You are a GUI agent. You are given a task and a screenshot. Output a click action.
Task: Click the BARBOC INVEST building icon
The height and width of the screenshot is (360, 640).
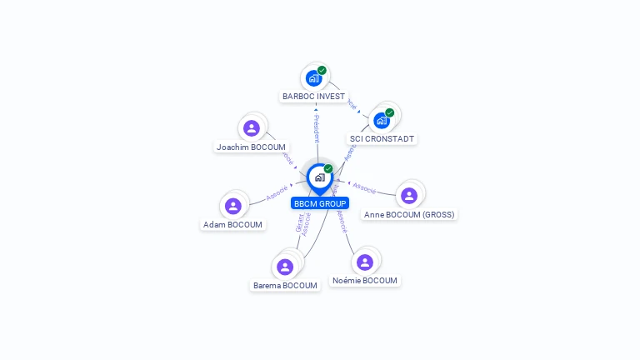click(x=313, y=78)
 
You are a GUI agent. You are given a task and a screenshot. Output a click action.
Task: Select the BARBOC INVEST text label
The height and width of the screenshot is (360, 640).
click(x=313, y=97)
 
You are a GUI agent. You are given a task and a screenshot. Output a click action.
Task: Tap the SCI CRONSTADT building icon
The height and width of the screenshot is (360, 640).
click(x=382, y=120)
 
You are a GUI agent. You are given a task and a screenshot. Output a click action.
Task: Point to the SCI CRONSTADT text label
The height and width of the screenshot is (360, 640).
click(x=382, y=139)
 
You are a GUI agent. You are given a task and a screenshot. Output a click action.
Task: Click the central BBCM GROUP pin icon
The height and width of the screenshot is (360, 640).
click(x=319, y=177)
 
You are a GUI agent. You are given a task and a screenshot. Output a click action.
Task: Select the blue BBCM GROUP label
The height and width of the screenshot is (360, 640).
click(x=320, y=203)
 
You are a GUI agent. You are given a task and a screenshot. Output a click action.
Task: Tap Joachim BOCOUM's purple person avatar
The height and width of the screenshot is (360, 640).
click(x=252, y=128)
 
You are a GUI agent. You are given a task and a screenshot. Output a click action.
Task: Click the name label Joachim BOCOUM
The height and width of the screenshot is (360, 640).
click(x=251, y=147)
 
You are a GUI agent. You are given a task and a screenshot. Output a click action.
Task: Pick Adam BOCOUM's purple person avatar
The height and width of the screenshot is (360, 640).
click(x=233, y=206)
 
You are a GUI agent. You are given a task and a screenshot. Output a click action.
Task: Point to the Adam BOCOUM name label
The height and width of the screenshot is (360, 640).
click(x=232, y=225)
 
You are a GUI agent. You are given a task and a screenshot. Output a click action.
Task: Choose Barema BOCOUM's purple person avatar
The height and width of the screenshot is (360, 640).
click(x=285, y=267)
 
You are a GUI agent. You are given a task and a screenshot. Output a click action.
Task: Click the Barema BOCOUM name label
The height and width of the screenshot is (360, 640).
click(x=285, y=286)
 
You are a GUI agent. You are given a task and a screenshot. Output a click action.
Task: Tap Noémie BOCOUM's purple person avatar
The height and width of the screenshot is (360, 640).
click(x=364, y=262)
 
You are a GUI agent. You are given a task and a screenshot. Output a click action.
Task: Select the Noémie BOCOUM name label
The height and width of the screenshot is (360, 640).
click(x=365, y=281)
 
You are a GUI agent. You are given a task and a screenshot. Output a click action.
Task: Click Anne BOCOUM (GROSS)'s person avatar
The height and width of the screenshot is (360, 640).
click(x=408, y=195)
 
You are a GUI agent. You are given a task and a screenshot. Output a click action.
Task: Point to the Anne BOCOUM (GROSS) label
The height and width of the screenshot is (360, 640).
click(x=409, y=214)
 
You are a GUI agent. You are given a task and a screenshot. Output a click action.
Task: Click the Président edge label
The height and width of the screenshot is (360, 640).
click(x=317, y=129)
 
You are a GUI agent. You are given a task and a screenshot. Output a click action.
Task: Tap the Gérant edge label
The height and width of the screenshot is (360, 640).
click(x=298, y=223)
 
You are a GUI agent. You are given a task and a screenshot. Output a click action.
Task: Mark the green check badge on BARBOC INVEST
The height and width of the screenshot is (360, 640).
click(x=322, y=70)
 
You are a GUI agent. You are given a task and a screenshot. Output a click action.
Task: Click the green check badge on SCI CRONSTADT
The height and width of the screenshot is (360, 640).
click(x=389, y=112)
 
